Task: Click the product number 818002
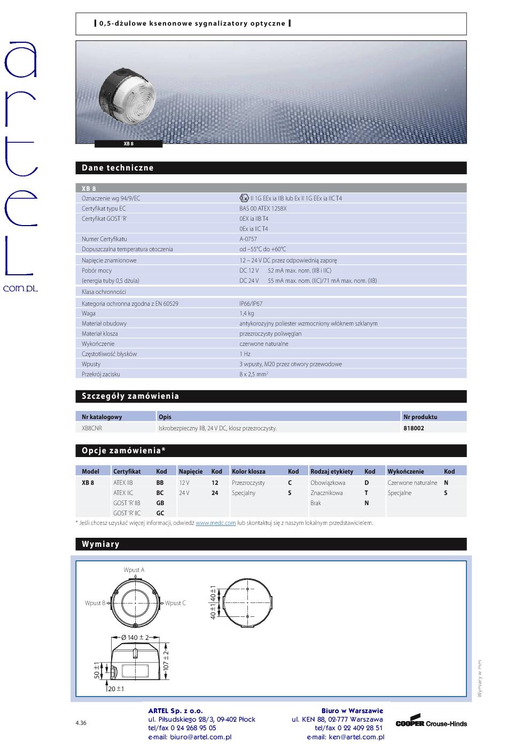point(414,428)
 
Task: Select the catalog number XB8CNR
point(92,428)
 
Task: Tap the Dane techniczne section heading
point(118,168)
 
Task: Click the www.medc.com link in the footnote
point(215,523)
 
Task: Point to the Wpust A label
point(134,570)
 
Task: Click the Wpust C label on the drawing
point(175,603)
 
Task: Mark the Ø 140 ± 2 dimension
point(135,638)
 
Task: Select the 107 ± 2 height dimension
point(166,662)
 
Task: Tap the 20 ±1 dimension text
point(116,689)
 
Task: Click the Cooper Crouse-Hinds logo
point(431,722)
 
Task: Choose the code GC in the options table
point(160,513)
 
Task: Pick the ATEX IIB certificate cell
point(123,483)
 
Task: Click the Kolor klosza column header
point(248,471)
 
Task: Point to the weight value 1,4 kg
point(246,313)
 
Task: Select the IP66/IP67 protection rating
point(251,303)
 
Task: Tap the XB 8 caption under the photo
point(128,144)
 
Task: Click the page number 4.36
point(81,723)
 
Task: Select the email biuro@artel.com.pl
point(190,737)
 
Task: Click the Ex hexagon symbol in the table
point(244,198)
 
